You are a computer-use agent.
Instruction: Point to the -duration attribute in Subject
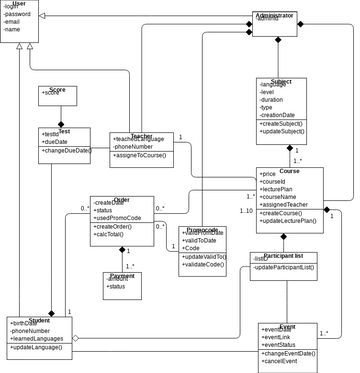click(274, 101)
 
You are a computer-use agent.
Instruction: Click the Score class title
click(57, 90)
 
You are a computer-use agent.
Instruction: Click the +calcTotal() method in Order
click(116, 236)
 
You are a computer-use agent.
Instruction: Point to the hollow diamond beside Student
click(75, 338)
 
